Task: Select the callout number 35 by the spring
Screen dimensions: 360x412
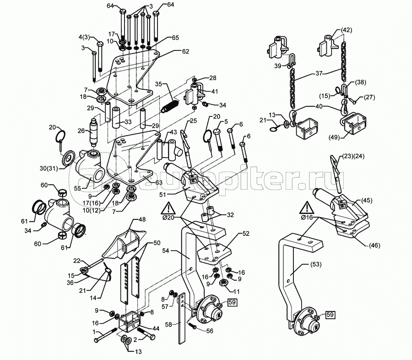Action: click(x=159, y=84)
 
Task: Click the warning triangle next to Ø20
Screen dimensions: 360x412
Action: click(x=167, y=209)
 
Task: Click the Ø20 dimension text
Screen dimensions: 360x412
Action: click(x=168, y=218)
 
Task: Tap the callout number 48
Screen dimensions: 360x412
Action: click(x=142, y=219)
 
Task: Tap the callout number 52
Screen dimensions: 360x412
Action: click(x=246, y=233)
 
